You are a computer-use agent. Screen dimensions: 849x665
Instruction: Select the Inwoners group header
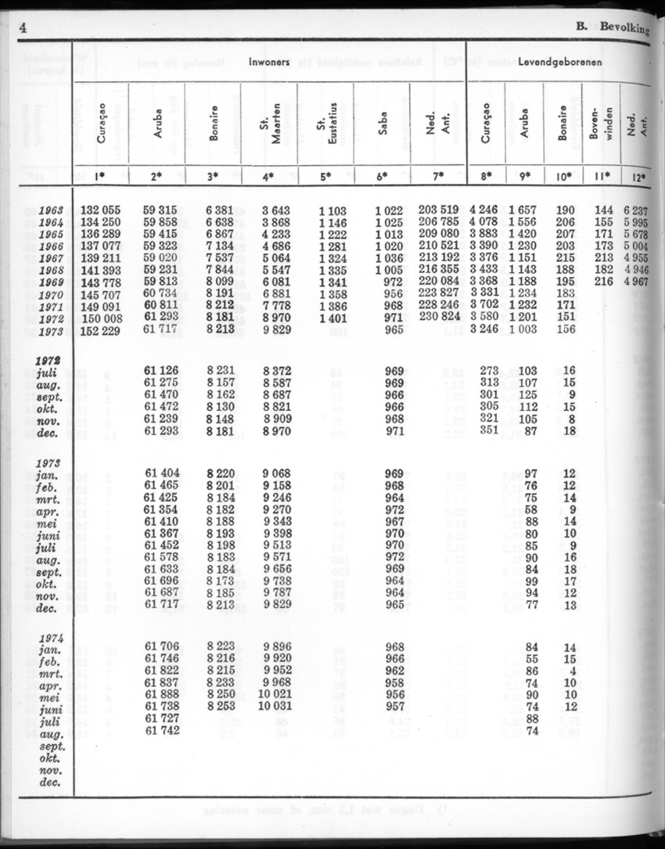[270, 61]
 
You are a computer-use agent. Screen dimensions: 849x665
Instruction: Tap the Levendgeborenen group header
[560, 61]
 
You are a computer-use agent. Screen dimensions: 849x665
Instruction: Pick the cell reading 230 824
[438, 318]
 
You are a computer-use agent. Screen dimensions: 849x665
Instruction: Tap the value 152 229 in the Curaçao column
[102, 330]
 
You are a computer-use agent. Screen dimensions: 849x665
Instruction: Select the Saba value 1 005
[388, 270]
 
